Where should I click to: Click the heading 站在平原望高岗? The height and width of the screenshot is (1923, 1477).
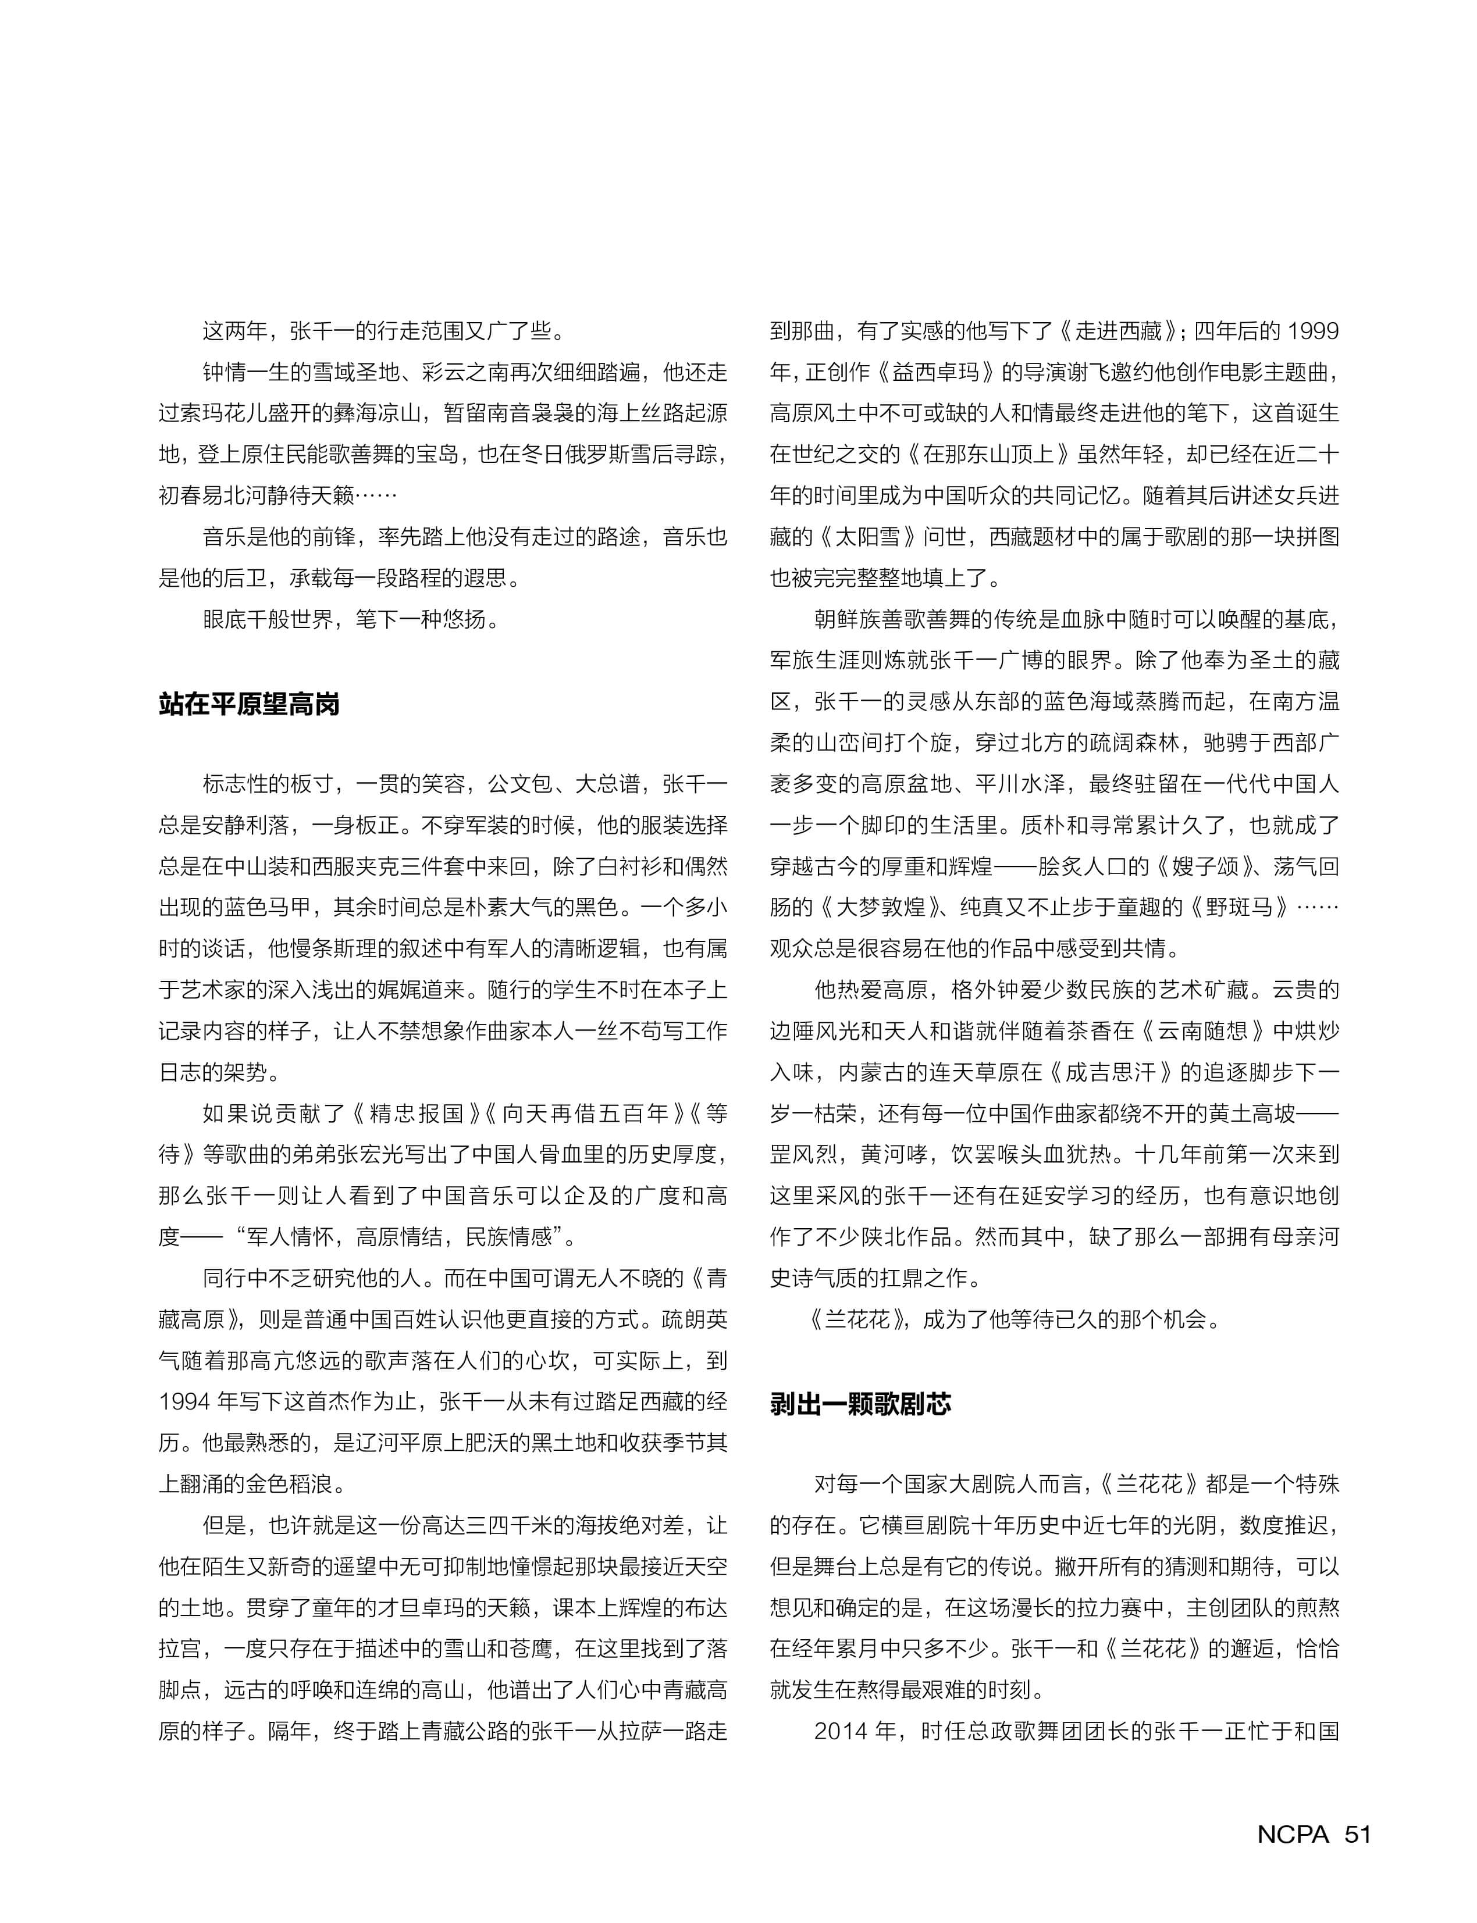point(249,704)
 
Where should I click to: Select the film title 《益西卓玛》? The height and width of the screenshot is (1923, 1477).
point(932,373)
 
